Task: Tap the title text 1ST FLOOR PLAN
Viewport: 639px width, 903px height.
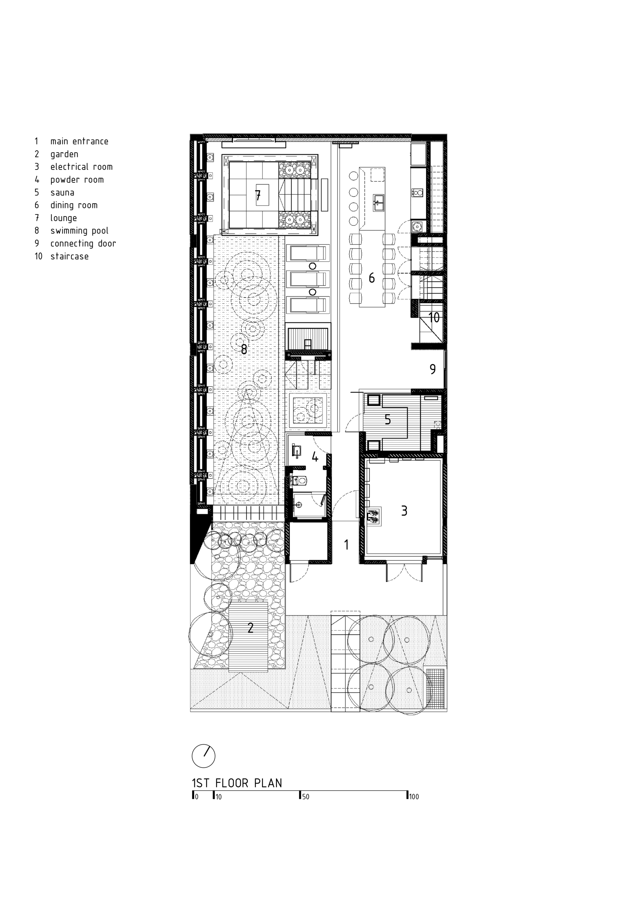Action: click(237, 783)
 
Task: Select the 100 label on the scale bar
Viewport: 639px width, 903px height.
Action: click(413, 797)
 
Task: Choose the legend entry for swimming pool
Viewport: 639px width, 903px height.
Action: click(79, 231)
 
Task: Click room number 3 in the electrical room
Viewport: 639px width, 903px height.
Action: click(404, 511)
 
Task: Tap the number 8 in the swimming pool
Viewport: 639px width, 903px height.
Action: click(244, 349)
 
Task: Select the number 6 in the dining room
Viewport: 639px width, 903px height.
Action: click(372, 278)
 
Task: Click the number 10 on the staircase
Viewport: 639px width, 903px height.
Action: click(434, 317)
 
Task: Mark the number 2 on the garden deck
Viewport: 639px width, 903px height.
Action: click(250, 628)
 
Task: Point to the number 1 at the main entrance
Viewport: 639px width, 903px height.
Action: click(346, 545)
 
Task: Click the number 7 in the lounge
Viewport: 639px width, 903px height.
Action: click(258, 195)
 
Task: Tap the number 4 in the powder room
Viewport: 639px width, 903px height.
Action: click(315, 457)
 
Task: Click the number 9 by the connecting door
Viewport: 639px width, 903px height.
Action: click(432, 369)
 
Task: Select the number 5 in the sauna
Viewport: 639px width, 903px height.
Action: click(388, 420)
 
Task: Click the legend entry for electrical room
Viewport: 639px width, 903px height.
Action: click(81, 167)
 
